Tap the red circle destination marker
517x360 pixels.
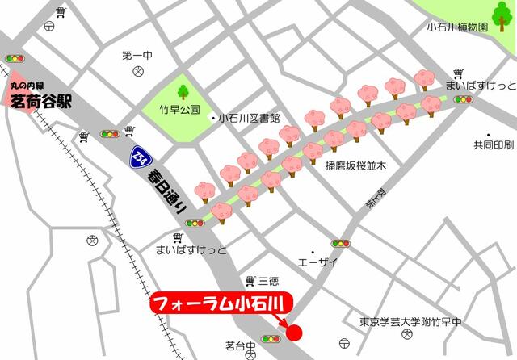click(293, 331)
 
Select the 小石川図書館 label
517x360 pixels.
click(246, 118)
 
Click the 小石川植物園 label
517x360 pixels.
click(457, 27)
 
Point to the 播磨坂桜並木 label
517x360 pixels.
click(356, 165)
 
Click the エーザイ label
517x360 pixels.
click(317, 262)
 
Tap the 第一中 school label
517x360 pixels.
click(137, 56)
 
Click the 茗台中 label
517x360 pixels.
click(240, 345)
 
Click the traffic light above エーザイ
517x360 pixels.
click(340, 243)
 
